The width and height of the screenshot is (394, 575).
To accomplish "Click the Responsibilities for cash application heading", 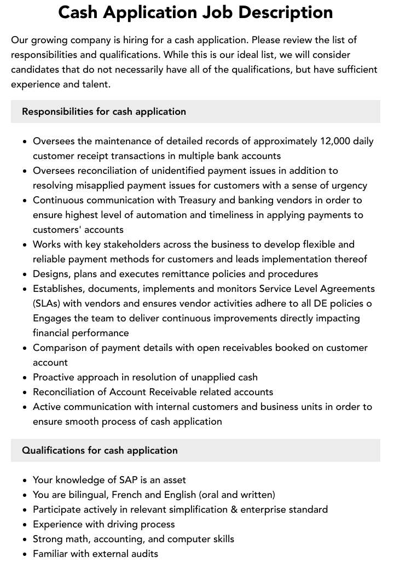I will [x=104, y=112].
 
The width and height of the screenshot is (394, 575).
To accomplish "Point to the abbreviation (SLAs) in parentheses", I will [x=49, y=303].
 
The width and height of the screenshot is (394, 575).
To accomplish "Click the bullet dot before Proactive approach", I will [x=25, y=378].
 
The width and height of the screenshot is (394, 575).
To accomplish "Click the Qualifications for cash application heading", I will [x=100, y=450].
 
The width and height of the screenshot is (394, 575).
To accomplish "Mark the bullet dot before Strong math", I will [x=25, y=539].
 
